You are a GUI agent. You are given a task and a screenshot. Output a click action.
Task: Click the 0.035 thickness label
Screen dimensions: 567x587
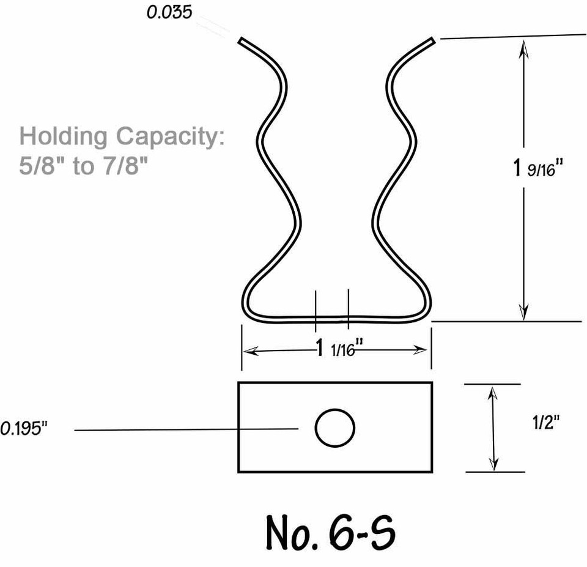169,13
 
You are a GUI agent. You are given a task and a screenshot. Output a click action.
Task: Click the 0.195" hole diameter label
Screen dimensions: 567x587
24,429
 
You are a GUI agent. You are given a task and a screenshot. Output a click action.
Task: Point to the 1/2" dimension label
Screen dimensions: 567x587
545,423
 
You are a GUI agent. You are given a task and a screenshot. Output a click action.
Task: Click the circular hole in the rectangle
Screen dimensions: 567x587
335,428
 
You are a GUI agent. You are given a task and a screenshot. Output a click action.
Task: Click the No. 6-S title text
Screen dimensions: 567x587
331,532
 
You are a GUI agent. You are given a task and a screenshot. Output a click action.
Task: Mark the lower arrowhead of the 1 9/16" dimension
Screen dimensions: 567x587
523,313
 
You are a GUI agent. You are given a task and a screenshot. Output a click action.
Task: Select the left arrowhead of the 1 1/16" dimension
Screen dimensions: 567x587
248,350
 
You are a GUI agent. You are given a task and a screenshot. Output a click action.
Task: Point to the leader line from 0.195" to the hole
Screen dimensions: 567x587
183,430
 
